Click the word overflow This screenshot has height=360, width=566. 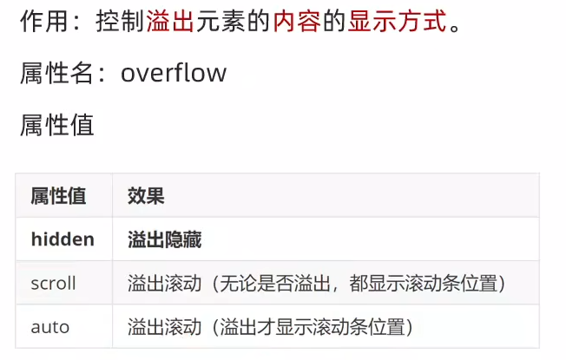coord(174,73)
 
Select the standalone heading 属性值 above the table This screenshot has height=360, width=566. coord(56,125)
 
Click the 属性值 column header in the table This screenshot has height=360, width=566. coord(58,196)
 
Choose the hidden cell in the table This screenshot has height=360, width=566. coord(63,239)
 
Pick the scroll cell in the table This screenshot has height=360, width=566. coord(54,284)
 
